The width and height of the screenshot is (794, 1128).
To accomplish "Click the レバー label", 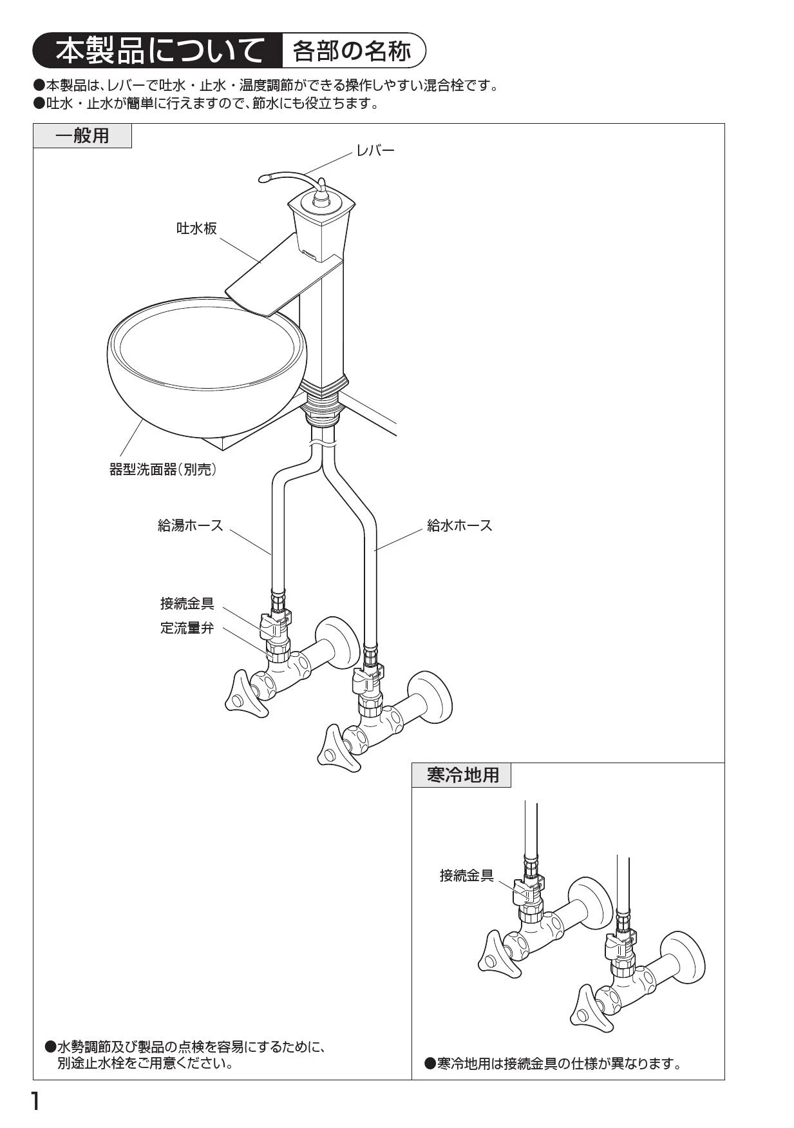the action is tap(375, 151).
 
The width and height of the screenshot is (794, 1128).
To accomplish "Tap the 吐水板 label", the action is tap(196, 228).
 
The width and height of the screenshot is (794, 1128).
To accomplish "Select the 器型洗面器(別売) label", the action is tap(163, 469).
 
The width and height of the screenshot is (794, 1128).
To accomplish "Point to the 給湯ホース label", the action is tap(191, 525).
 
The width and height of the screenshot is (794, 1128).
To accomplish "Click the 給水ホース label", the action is tap(460, 525).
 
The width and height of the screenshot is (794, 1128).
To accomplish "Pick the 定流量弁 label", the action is tap(187, 627).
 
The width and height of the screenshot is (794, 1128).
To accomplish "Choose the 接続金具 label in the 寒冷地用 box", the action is tap(466, 875).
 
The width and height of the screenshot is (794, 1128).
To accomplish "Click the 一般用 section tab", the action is tap(82, 136).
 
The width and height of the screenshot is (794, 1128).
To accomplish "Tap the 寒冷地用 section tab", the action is tap(462, 775).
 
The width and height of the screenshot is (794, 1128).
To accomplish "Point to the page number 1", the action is tap(36, 1102).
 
